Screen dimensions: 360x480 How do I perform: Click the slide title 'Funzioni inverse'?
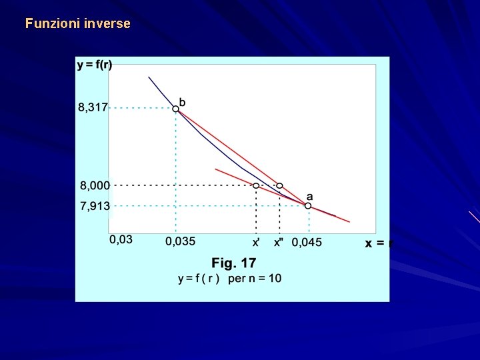point(78,23)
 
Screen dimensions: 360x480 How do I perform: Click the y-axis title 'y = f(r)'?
point(95,65)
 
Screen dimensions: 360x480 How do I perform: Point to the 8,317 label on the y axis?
point(93,107)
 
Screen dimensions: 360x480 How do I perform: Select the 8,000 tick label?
point(94,185)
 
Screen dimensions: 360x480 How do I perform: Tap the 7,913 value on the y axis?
point(95,206)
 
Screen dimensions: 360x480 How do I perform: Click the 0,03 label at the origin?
point(121,239)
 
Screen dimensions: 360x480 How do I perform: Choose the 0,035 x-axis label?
point(181,241)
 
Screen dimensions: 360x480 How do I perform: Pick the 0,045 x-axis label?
point(307,242)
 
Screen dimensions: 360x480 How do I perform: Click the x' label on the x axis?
point(256,242)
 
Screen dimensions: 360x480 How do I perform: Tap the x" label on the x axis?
point(279,242)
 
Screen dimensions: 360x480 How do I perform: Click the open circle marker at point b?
point(176,108)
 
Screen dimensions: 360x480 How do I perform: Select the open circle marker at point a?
point(308,206)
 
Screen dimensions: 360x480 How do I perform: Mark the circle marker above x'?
point(256,185)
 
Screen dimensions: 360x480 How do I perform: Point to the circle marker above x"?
point(279,185)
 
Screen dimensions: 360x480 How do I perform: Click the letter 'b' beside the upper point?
point(183,102)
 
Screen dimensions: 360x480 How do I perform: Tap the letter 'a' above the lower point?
point(309,197)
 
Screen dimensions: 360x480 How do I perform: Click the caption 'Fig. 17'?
point(234,263)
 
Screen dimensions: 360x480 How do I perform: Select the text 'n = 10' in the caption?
point(265,278)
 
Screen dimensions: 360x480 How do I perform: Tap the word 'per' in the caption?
point(237,278)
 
